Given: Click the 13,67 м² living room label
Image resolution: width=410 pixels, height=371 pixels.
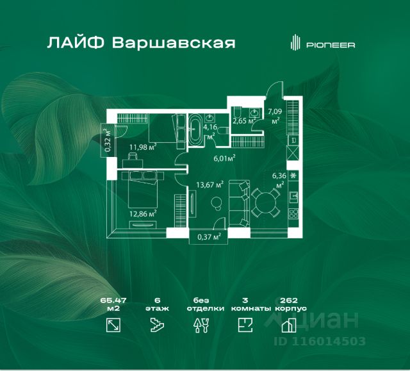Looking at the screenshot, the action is [x=209, y=185].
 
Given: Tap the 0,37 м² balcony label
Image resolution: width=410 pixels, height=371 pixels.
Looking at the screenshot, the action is [x=209, y=236].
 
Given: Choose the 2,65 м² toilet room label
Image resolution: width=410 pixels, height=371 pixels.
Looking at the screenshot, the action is [x=243, y=120].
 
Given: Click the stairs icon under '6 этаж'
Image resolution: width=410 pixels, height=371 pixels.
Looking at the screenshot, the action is [x=157, y=326].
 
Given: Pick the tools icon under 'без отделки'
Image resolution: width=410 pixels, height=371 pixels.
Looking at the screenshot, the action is [x=201, y=326].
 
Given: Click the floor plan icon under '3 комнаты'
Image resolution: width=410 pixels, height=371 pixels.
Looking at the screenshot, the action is [x=244, y=326].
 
